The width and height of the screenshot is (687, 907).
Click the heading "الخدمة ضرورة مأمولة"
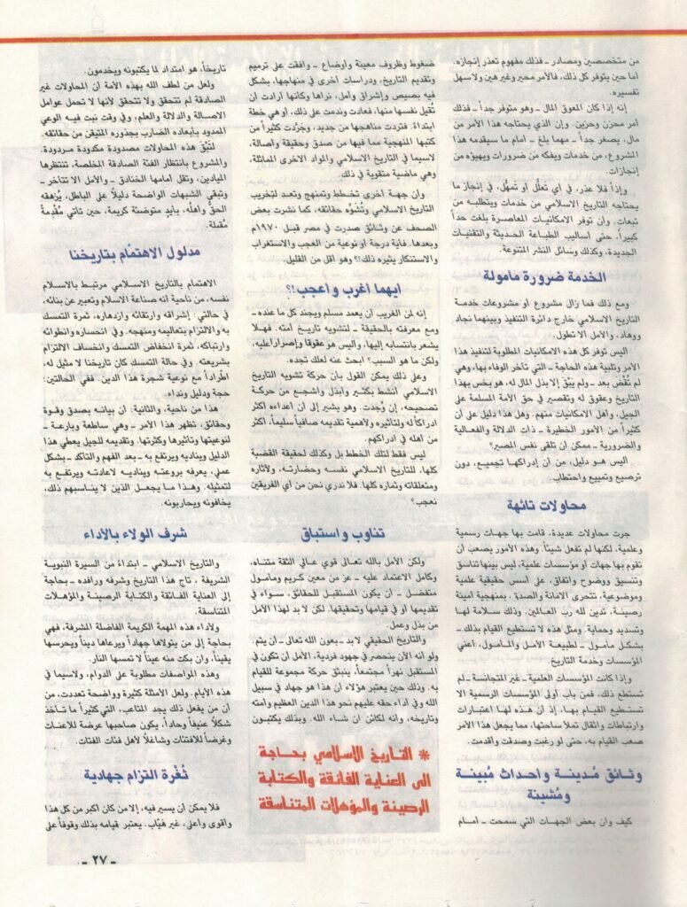tap(544, 277)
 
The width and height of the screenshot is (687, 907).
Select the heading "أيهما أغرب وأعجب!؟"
tap(345, 289)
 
